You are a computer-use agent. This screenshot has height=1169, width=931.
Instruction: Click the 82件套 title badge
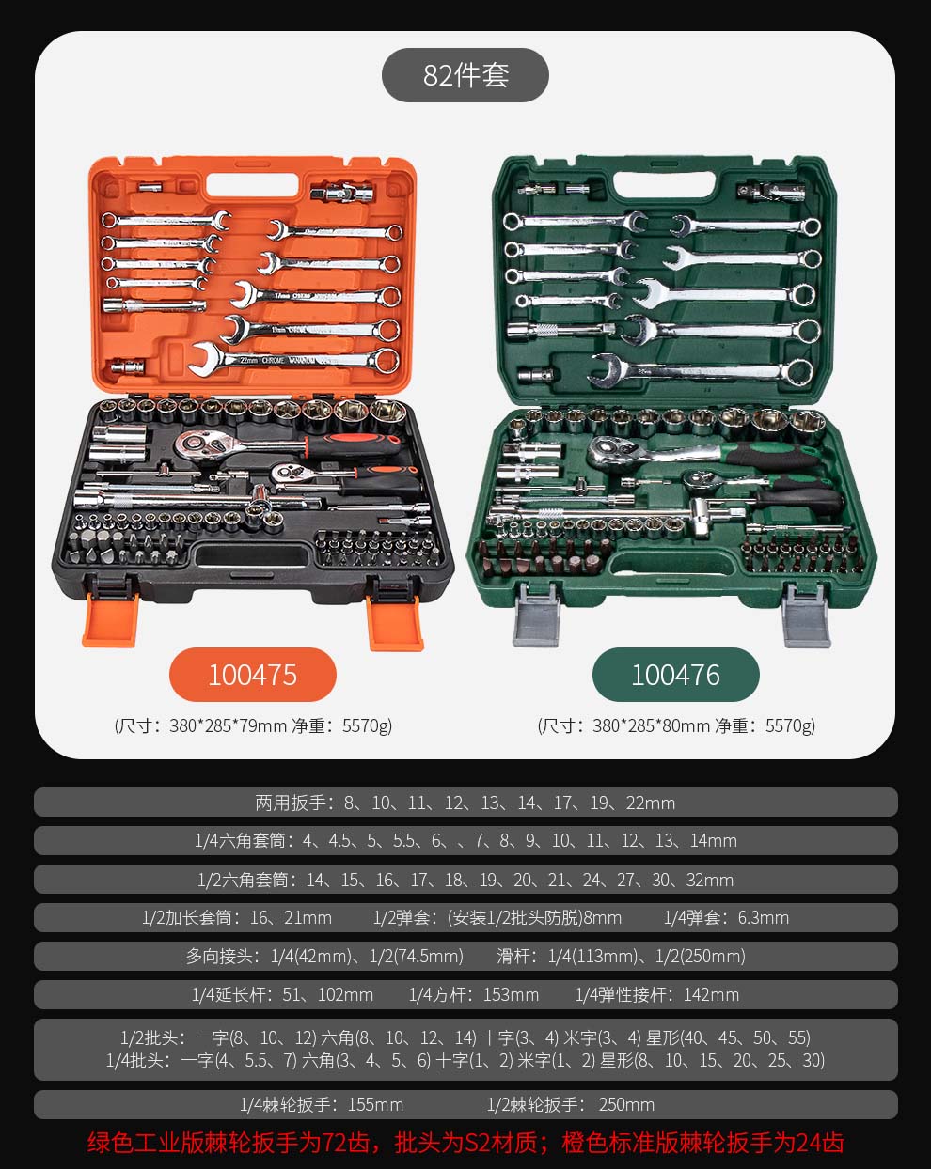[x=465, y=75]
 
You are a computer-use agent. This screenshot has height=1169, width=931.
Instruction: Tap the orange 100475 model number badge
[x=253, y=675]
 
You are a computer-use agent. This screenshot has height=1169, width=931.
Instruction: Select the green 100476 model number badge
[x=676, y=675]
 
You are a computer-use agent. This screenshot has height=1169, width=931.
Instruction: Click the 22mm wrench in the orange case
[x=293, y=360]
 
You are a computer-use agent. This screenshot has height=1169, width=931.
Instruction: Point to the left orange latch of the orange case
[x=109, y=619]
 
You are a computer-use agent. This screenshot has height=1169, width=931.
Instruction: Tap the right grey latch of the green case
[x=806, y=616]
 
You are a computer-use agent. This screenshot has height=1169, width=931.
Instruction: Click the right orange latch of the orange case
[x=395, y=622]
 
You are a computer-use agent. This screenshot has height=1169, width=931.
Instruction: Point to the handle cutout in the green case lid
[x=664, y=185]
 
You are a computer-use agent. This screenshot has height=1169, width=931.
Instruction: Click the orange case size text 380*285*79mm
[x=228, y=725]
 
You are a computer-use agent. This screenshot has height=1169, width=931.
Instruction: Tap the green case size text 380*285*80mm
[x=651, y=725]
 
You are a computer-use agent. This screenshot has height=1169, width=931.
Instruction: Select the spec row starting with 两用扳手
[x=465, y=803]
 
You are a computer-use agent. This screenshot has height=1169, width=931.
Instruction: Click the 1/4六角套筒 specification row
[x=465, y=840]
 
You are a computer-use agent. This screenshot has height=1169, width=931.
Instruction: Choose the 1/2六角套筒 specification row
[x=465, y=880]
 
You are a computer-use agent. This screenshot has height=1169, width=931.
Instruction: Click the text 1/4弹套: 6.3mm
[x=726, y=917]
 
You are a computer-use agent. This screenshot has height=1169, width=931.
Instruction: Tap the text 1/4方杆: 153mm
[x=474, y=994]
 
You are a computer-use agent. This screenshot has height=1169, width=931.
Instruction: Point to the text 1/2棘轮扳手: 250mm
[x=571, y=1104]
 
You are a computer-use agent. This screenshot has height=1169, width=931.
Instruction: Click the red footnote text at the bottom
[x=465, y=1142]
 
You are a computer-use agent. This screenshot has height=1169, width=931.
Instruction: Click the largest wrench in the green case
[x=702, y=371]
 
